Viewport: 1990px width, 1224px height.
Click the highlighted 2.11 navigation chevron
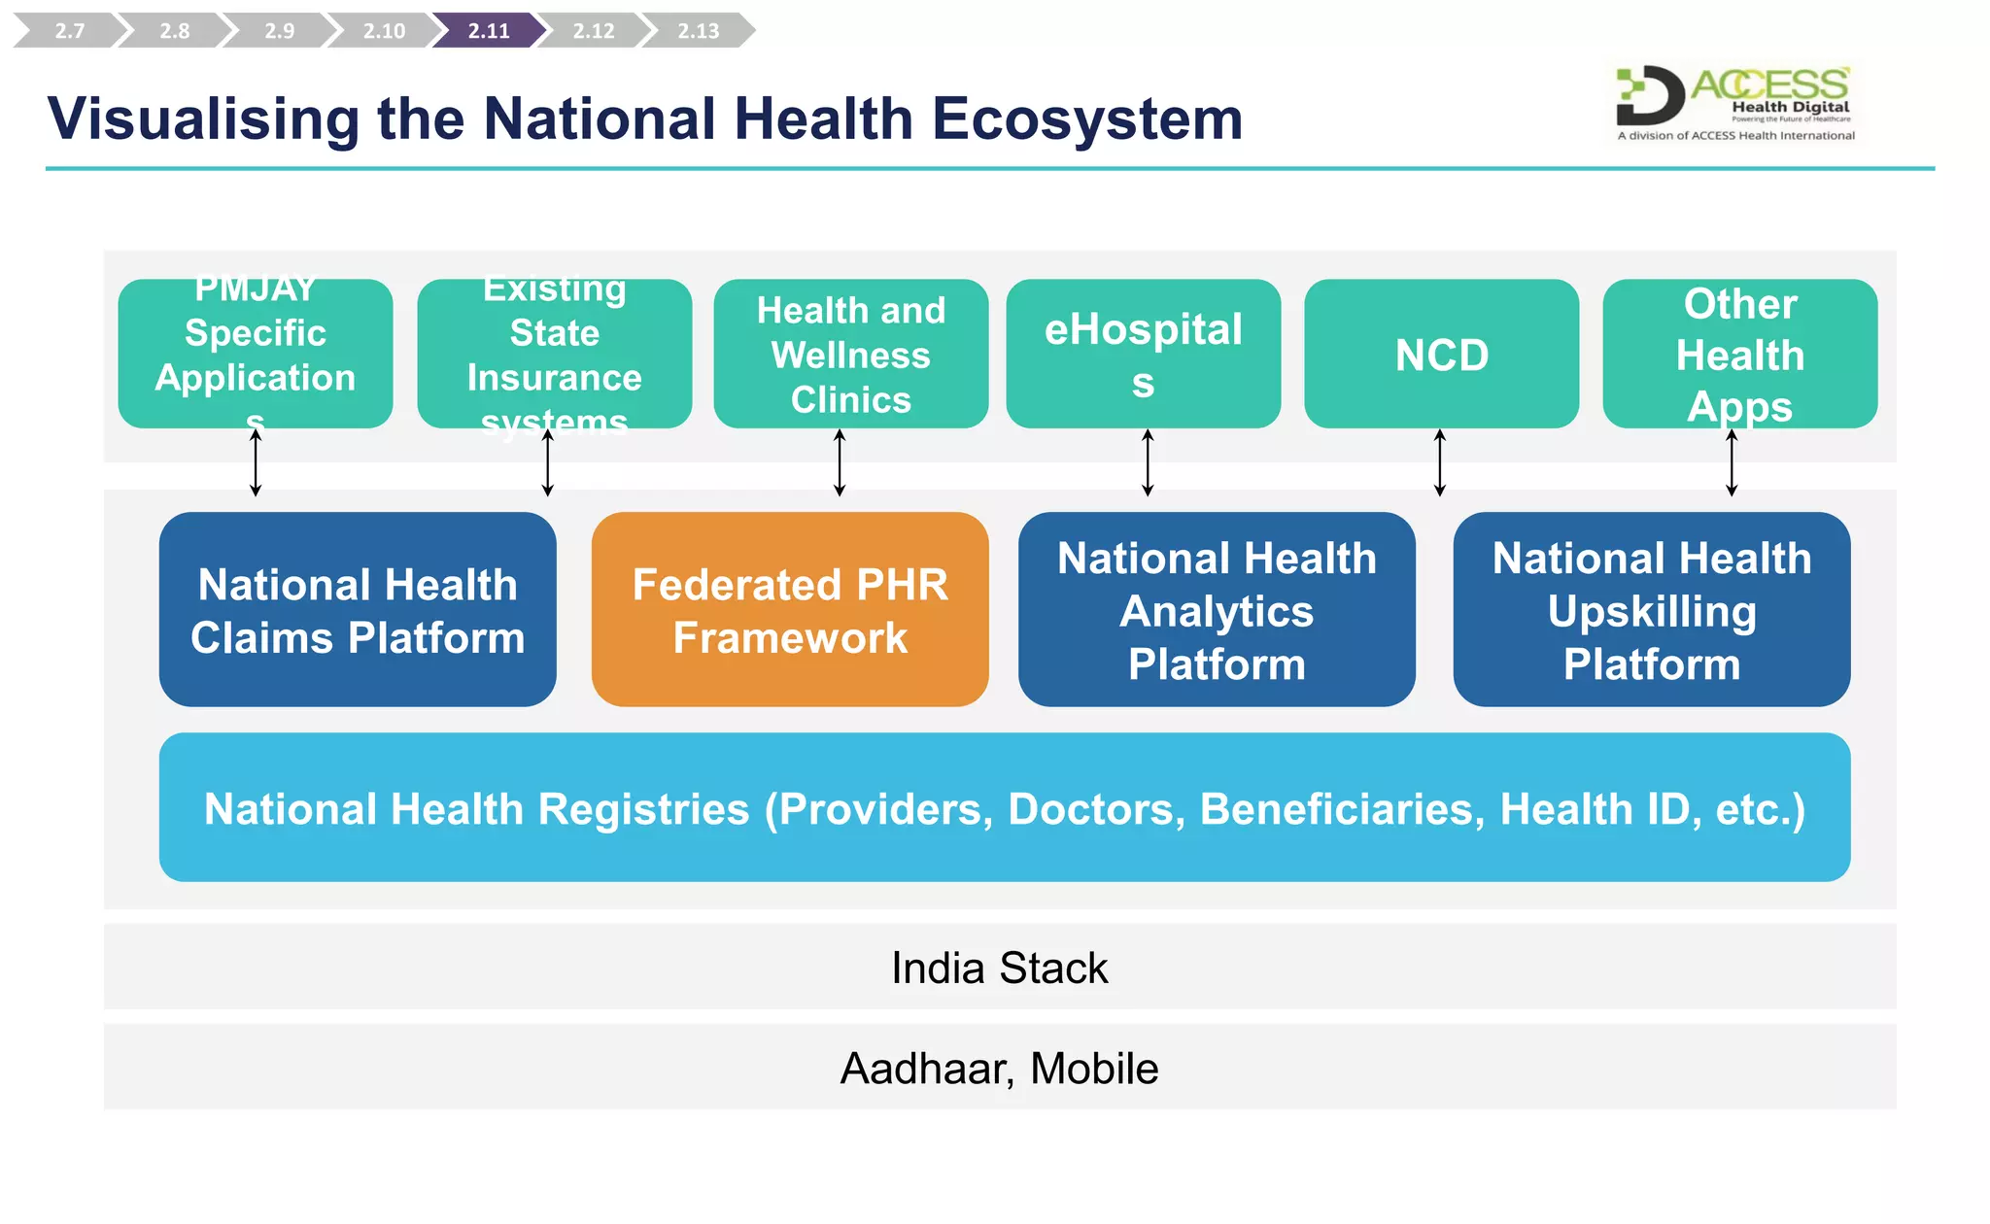(x=489, y=30)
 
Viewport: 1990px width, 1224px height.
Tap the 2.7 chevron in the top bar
(x=69, y=30)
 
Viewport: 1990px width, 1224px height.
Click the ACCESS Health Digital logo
(x=1735, y=103)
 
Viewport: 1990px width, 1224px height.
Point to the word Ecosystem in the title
(x=1087, y=119)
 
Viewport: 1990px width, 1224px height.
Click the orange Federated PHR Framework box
(x=789, y=610)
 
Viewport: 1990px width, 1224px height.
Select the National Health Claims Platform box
(x=358, y=610)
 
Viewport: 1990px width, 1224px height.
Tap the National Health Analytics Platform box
(x=1217, y=610)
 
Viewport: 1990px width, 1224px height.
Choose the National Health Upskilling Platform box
(x=1651, y=610)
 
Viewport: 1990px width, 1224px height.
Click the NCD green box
(x=1441, y=355)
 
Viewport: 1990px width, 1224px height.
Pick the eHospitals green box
(x=1143, y=355)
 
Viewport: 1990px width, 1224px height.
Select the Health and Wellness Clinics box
(x=850, y=355)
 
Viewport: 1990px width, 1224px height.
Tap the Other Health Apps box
(x=1739, y=355)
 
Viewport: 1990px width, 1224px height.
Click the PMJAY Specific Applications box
(x=256, y=355)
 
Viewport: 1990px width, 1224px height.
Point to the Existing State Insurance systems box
(x=554, y=355)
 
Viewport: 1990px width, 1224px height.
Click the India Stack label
(x=999, y=968)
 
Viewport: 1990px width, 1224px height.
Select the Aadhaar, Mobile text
(x=999, y=1069)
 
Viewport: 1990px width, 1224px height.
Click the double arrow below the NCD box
(x=1439, y=463)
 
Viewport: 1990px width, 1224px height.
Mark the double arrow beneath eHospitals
(x=1148, y=463)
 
